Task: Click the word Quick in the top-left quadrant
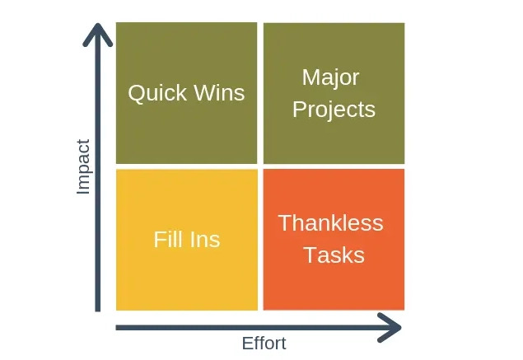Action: [156, 92]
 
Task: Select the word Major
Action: [330, 77]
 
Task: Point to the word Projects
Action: [334, 109]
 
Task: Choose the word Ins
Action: [204, 240]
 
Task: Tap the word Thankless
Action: [330, 223]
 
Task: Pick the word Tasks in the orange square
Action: [334, 255]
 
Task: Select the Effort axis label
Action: [264, 344]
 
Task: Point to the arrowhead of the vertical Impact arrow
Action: [98, 33]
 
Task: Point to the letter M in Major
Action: [310, 77]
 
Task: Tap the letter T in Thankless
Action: [284, 223]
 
